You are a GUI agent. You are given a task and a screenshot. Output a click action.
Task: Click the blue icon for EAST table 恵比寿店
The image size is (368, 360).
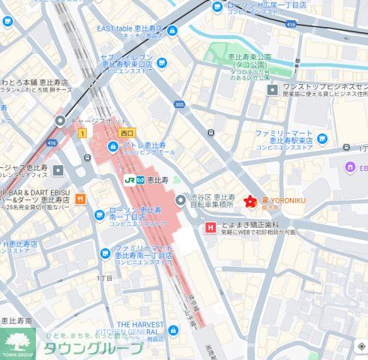(172, 31)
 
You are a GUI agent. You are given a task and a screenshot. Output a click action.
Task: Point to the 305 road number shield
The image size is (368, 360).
(179, 105)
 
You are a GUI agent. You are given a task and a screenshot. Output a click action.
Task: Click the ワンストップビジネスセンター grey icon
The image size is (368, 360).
(273, 90)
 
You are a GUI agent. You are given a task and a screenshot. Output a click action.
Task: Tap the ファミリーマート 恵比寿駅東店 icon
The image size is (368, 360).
(322, 138)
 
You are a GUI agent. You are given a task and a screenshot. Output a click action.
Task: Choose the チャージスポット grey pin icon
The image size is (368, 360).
(61, 121)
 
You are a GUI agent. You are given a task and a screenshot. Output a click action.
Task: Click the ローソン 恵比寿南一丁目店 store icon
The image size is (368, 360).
(98, 215)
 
